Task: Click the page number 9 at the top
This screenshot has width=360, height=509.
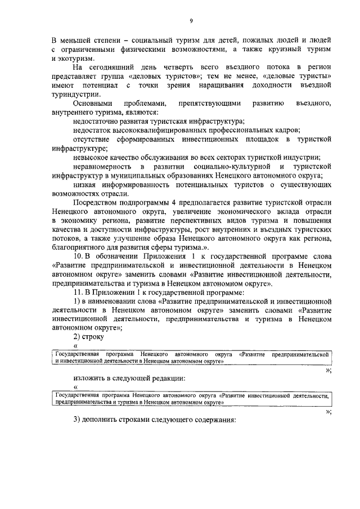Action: [x=191, y=21]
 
